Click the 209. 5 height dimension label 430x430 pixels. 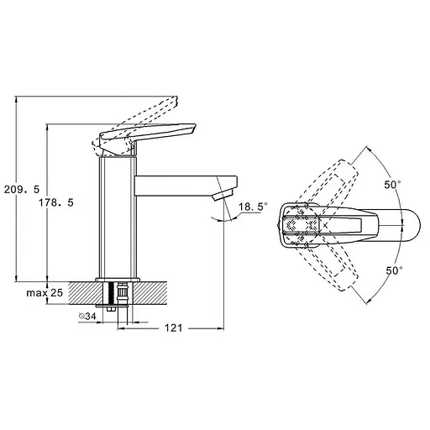22,190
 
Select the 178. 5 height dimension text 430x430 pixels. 56,202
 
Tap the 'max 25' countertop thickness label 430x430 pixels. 45,293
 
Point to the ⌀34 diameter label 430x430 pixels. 87,316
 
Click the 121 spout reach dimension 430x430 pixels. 173,328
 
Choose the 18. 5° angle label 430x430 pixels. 253,207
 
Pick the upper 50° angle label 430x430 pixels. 392,185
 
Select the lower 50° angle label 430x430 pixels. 395,270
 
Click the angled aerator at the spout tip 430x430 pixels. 223,195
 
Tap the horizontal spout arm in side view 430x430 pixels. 186,186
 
